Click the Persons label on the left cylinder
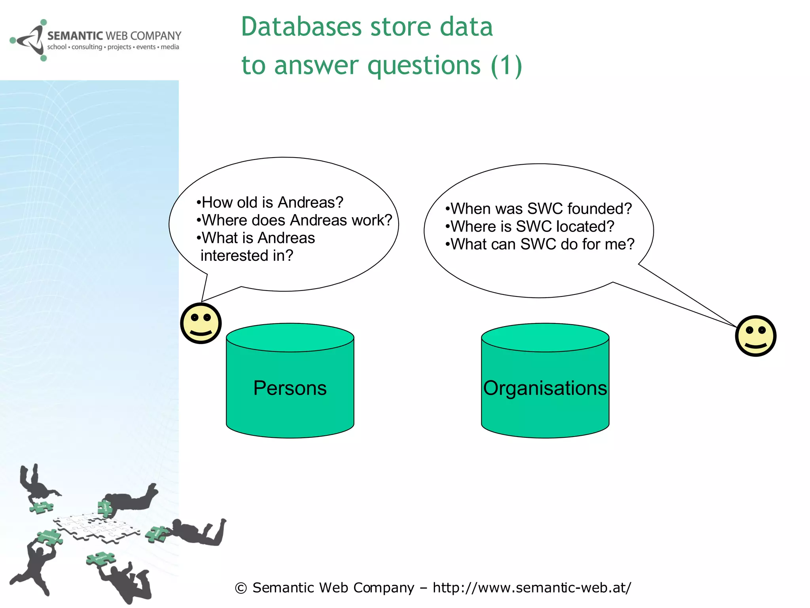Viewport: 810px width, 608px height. pos(290,388)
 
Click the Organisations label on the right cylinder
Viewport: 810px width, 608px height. pos(545,388)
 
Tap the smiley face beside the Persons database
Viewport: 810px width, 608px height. pos(201,323)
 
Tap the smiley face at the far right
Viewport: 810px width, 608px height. pos(755,336)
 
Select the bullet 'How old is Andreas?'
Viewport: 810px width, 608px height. pos(270,202)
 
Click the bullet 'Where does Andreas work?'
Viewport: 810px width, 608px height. pos(295,220)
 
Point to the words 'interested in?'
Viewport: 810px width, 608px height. pos(247,256)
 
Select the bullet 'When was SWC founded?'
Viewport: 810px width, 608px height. pos(539,209)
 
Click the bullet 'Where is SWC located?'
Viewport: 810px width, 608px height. pos(530,226)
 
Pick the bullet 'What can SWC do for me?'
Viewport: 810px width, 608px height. pos(540,244)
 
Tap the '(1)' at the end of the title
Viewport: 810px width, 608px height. pos(506,65)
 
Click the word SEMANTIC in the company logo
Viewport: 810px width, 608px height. pos(75,36)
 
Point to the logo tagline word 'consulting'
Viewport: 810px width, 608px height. pos(87,47)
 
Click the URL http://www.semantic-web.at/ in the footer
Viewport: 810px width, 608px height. pos(532,587)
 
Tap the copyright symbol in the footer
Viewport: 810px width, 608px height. pos(240,588)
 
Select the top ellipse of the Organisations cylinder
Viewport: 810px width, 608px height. pos(545,337)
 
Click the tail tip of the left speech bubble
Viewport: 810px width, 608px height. pos(202,301)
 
